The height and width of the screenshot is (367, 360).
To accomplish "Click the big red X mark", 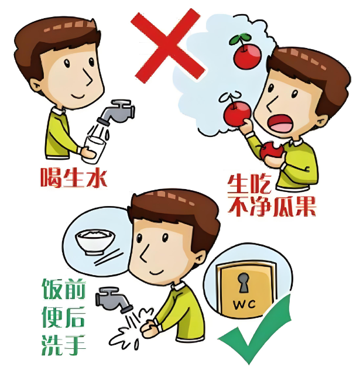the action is [167, 46].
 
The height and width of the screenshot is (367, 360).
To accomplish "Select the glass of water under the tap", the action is [93, 149].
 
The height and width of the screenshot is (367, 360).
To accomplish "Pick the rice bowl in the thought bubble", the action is [95, 242].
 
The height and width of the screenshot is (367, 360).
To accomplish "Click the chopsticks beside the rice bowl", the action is [108, 258].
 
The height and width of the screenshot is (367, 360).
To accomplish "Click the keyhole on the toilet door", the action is [244, 282].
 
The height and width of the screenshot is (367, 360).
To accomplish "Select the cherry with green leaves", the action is [246, 53].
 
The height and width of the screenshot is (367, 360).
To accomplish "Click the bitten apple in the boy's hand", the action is [272, 150].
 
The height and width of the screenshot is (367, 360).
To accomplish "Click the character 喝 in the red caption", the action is [51, 177].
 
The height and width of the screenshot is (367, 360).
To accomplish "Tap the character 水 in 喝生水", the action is [97, 177].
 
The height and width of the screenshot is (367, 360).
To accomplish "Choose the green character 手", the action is [75, 345].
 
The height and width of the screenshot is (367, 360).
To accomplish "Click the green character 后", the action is [75, 317].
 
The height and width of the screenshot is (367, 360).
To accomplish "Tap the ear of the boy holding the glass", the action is [37, 86].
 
